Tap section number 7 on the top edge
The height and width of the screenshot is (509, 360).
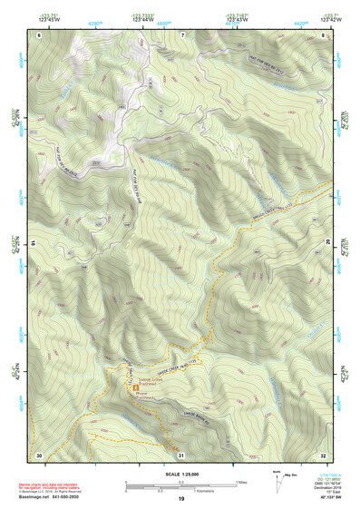pyautogui.click(x=182, y=34)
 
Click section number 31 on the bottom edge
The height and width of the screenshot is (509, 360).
pyautogui.click(x=181, y=454)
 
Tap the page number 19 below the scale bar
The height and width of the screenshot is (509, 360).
pyautogui.click(x=181, y=500)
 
